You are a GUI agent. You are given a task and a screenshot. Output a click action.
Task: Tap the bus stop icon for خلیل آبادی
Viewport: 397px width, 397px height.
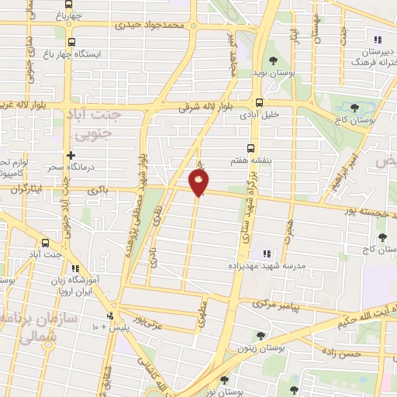tap(259, 102)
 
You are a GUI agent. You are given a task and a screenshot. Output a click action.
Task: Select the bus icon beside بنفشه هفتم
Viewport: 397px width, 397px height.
tap(250, 147)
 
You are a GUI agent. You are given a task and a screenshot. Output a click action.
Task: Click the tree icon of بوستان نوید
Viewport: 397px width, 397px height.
tap(272, 60)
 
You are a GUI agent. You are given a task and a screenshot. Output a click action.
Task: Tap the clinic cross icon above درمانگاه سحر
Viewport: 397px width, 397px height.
tap(71, 155)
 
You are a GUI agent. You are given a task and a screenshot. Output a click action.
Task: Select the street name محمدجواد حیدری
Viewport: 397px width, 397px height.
tap(152, 25)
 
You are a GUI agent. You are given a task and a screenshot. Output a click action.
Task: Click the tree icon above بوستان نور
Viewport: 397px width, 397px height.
tap(224, 380)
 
